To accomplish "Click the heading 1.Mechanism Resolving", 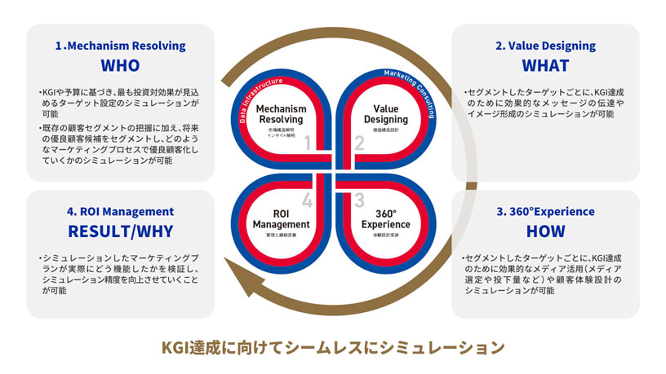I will tap(120, 46).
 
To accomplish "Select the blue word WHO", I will tap(120, 65).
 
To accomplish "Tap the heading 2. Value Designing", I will tap(545, 46).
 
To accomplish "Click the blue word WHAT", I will tap(545, 65).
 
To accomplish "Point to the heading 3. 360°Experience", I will tap(545, 212).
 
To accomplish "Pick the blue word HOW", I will tap(545, 231).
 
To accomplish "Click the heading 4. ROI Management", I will tap(120, 212).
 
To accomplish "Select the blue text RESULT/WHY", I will tap(120, 231).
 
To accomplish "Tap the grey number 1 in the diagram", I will tap(308, 144).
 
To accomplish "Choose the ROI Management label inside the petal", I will tap(281, 218).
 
